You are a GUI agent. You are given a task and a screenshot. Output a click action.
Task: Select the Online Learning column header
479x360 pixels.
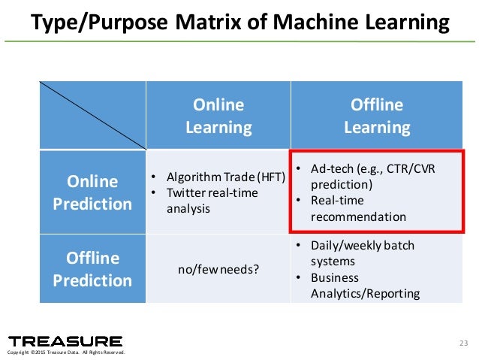[x=218, y=116]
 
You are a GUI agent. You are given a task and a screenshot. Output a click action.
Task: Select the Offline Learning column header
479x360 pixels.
[x=377, y=116]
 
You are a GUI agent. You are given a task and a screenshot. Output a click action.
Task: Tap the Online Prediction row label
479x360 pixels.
[x=93, y=192]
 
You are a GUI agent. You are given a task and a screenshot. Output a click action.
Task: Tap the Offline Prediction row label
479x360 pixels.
[x=93, y=269]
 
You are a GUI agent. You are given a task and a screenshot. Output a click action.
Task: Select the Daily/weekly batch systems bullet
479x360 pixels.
[x=362, y=253]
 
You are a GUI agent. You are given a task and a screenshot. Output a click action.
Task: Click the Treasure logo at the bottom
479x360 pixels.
[x=65, y=341]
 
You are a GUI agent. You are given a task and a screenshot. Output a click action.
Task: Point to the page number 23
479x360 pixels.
[x=462, y=344]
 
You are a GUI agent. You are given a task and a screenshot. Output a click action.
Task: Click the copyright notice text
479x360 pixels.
[x=65, y=352]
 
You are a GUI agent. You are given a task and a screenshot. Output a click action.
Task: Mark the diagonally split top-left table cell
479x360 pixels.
[x=93, y=116]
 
